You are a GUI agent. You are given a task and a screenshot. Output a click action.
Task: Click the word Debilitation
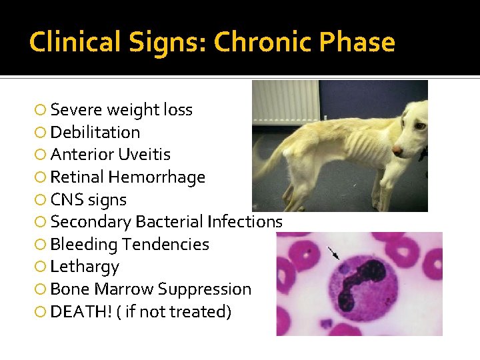click(95, 132)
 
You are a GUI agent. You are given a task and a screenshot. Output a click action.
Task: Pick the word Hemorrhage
click(157, 177)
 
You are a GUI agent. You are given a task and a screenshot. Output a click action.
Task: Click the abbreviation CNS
click(65, 200)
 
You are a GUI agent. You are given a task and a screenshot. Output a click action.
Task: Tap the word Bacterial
click(169, 222)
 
